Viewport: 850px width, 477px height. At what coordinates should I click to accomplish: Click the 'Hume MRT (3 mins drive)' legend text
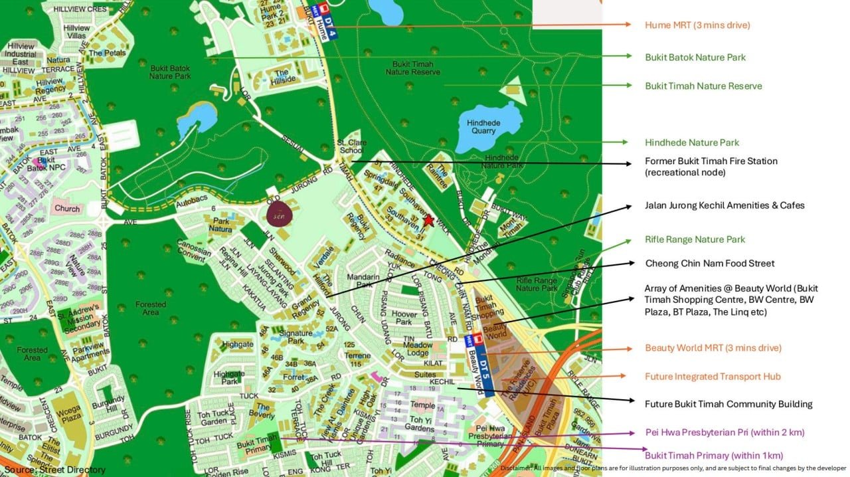[x=697, y=25]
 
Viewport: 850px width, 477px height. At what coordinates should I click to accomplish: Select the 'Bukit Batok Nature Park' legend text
[x=695, y=57]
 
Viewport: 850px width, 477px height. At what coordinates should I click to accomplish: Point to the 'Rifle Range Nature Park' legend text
[x=695, y=239]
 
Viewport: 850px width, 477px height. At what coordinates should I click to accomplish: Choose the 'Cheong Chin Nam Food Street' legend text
[x=710, y=263]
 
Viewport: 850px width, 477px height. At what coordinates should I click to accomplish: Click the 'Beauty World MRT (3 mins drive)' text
[x=713, y=347]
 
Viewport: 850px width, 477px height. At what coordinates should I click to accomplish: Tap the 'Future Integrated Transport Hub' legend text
[x=713, y=376]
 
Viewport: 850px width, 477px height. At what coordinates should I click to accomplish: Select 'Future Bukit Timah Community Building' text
[x=728, y=403]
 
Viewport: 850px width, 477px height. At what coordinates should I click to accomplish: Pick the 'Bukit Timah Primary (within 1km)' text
[x=714, y=455]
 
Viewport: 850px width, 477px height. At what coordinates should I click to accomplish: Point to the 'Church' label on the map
[x=67, y=208]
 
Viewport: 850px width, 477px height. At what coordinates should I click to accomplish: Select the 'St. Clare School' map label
[x=350, y=146]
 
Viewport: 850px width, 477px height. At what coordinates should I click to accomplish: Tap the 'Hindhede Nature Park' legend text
[x=692, y=142]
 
